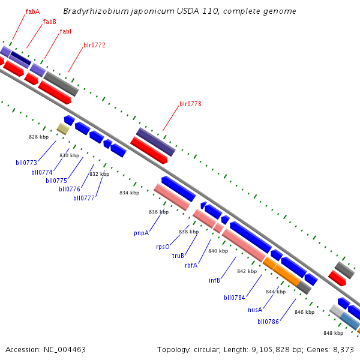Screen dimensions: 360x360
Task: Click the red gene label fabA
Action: (32, 11)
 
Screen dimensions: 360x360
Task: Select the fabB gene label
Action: (49, 22)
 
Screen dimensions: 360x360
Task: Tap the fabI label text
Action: (66, 31)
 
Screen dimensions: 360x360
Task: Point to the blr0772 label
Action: (94, 45)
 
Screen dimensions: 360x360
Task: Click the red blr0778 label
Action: (190, 104)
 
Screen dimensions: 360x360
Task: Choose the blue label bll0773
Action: (26, 163)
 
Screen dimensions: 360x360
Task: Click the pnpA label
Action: (142, 232)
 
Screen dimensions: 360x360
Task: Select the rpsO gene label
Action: (163, 247)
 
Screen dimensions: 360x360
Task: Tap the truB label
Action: (178, 256)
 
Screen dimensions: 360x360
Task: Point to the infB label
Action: (215, 280)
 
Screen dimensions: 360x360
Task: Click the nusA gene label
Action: (255, 310)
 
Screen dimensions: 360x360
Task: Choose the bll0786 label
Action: (268, 322)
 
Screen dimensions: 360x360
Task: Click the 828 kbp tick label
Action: (38, 137)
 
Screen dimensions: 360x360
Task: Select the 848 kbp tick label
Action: (333, 333)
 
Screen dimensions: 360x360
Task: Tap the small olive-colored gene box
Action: (63, 128)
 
